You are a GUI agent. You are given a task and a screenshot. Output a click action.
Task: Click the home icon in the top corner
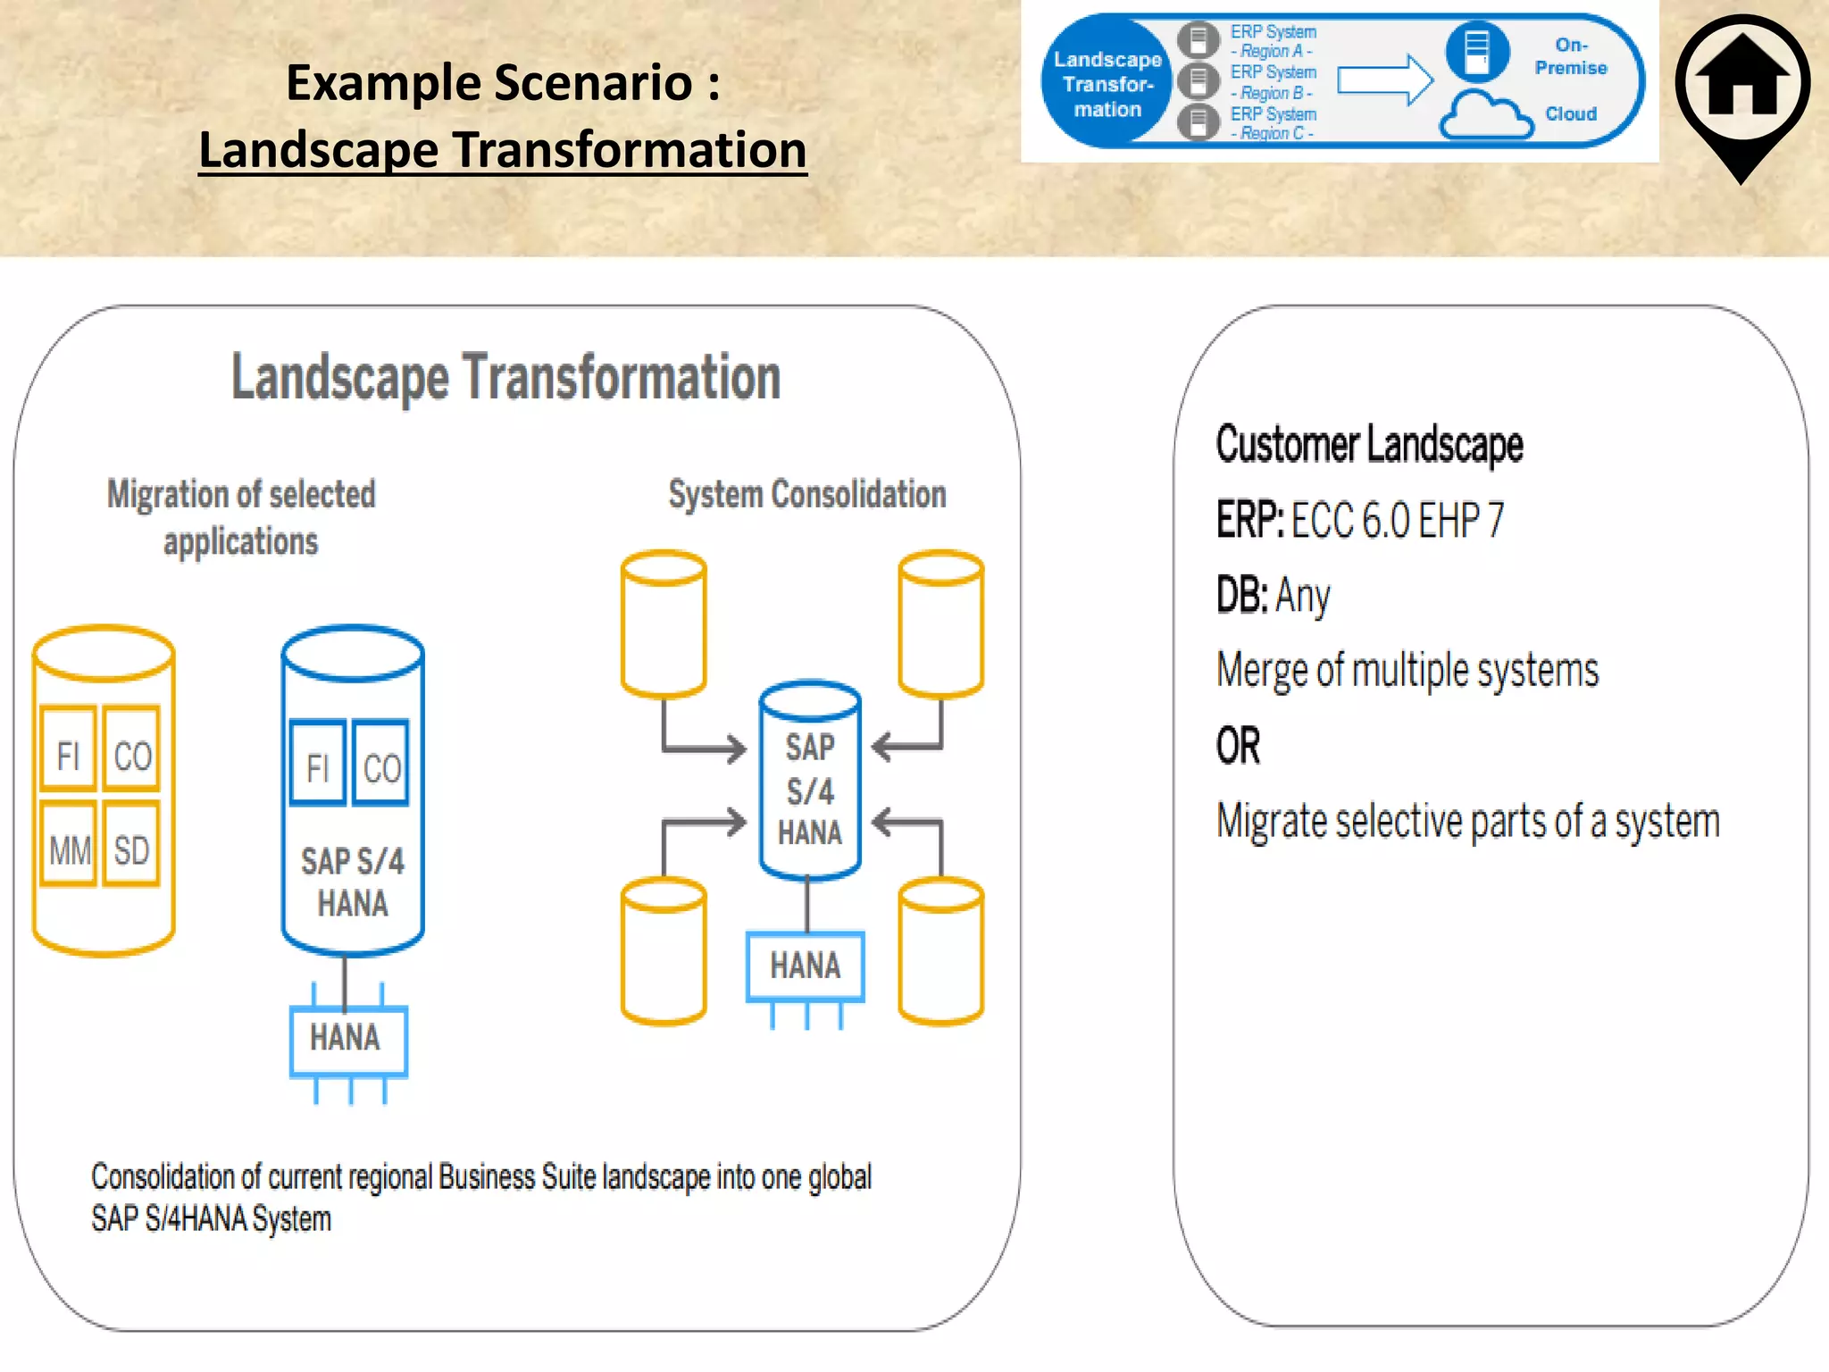(1741, 85)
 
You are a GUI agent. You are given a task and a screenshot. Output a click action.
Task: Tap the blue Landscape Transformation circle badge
(1107, 84)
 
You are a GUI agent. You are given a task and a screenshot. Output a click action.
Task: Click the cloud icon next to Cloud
(1486, 116)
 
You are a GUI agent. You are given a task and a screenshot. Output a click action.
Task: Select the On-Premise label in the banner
(1570, 56)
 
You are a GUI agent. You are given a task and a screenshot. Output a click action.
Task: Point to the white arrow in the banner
(1384, 79)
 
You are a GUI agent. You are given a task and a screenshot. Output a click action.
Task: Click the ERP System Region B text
(1273, 81)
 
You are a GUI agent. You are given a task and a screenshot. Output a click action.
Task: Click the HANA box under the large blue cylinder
(347, 1039)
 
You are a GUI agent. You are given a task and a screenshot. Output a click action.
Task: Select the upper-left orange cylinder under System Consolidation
(664, 623)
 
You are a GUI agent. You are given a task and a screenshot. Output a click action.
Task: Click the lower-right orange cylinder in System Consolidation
(940, 951)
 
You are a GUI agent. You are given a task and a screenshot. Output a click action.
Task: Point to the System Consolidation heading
(806, 495)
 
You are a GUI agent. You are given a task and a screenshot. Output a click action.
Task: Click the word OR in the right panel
(1238, 746)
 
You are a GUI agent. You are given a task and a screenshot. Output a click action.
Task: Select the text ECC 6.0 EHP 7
(1398, 520)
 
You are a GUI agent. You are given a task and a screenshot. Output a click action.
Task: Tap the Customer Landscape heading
(1369, 445)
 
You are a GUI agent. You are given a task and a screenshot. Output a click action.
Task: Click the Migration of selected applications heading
(241, 517)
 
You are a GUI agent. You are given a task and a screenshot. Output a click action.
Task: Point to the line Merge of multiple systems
(1407, 670)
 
